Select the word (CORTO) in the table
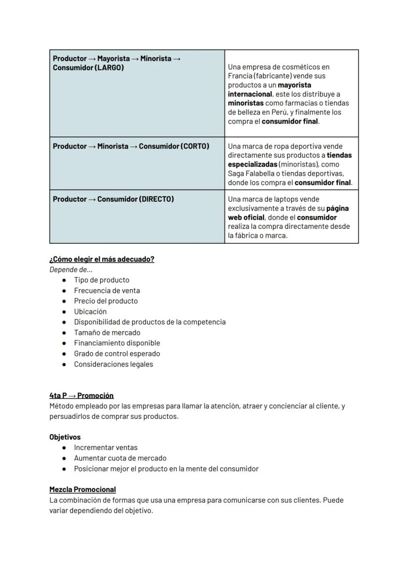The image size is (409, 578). pyautogui.click(x=195, y=146)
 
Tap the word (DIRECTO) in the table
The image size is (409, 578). pyautogui.click(x=157, y=199)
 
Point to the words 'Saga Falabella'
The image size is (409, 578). pyautogui.click(x=251, y=174)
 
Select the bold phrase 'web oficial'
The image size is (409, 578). pyautogui.click(x=246, y=218)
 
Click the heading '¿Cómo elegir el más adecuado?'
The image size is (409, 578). pyautogui.click(x=102, y=259)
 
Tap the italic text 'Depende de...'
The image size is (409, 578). pyautogui.click(x=71, y=269)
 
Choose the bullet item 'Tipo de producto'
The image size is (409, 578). pyautogui.click(x=101, y=280)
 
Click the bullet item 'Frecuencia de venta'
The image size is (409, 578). pyautogui.click(x=107, y=291)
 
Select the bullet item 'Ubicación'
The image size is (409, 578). pyautogui.click(x=90, y=311)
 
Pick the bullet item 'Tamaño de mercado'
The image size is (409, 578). pyautogui.click(x=107, y=333)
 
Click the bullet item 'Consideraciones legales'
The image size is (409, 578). pyautogui.click(x=113, y=364)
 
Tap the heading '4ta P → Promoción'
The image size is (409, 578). pyautogui.click(x=82, y=396)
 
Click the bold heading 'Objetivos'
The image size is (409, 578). pyautogui.click(x=65, y=437)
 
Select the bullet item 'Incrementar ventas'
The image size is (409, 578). pyautogui.click(x=106, y=447)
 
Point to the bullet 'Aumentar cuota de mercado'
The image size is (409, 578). pyautogui.click(x=120, y=458)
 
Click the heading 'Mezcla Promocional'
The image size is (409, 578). pyautogui.click(x=82, y=489)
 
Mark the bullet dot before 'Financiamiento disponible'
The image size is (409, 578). pyautogui.click(x=64, y=343)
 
